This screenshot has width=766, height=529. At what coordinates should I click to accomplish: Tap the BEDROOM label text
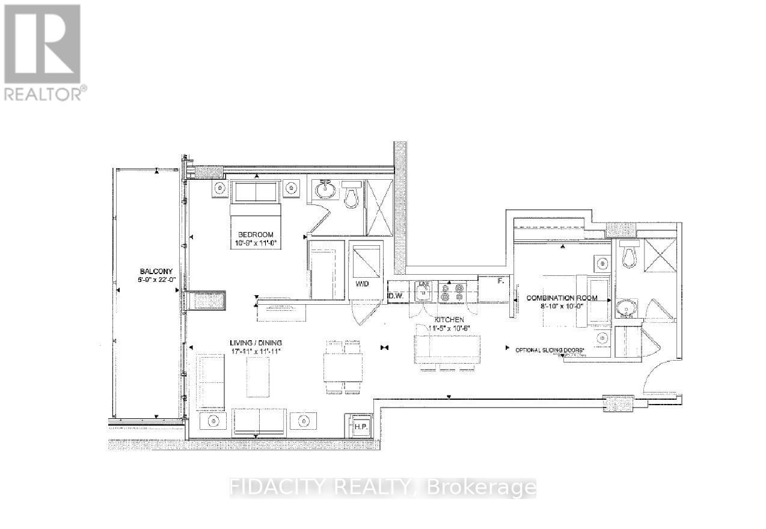click(256, 234)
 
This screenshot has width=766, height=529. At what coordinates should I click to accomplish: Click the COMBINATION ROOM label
click(562, 298)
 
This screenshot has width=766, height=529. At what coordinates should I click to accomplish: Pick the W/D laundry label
click(361, 283)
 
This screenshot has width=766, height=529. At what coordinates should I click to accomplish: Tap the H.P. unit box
click(360, 426)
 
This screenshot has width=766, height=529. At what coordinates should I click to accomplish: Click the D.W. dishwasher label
click(395, 296)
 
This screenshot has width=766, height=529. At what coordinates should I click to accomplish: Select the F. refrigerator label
click(500, 280)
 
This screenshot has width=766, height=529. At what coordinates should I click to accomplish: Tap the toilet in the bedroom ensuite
click(351, 194)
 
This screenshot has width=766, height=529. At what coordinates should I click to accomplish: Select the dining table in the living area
click(343, 367)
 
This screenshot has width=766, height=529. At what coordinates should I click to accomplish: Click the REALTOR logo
click(43, 51)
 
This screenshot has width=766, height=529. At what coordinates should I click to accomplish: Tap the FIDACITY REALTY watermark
click(382, 487)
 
